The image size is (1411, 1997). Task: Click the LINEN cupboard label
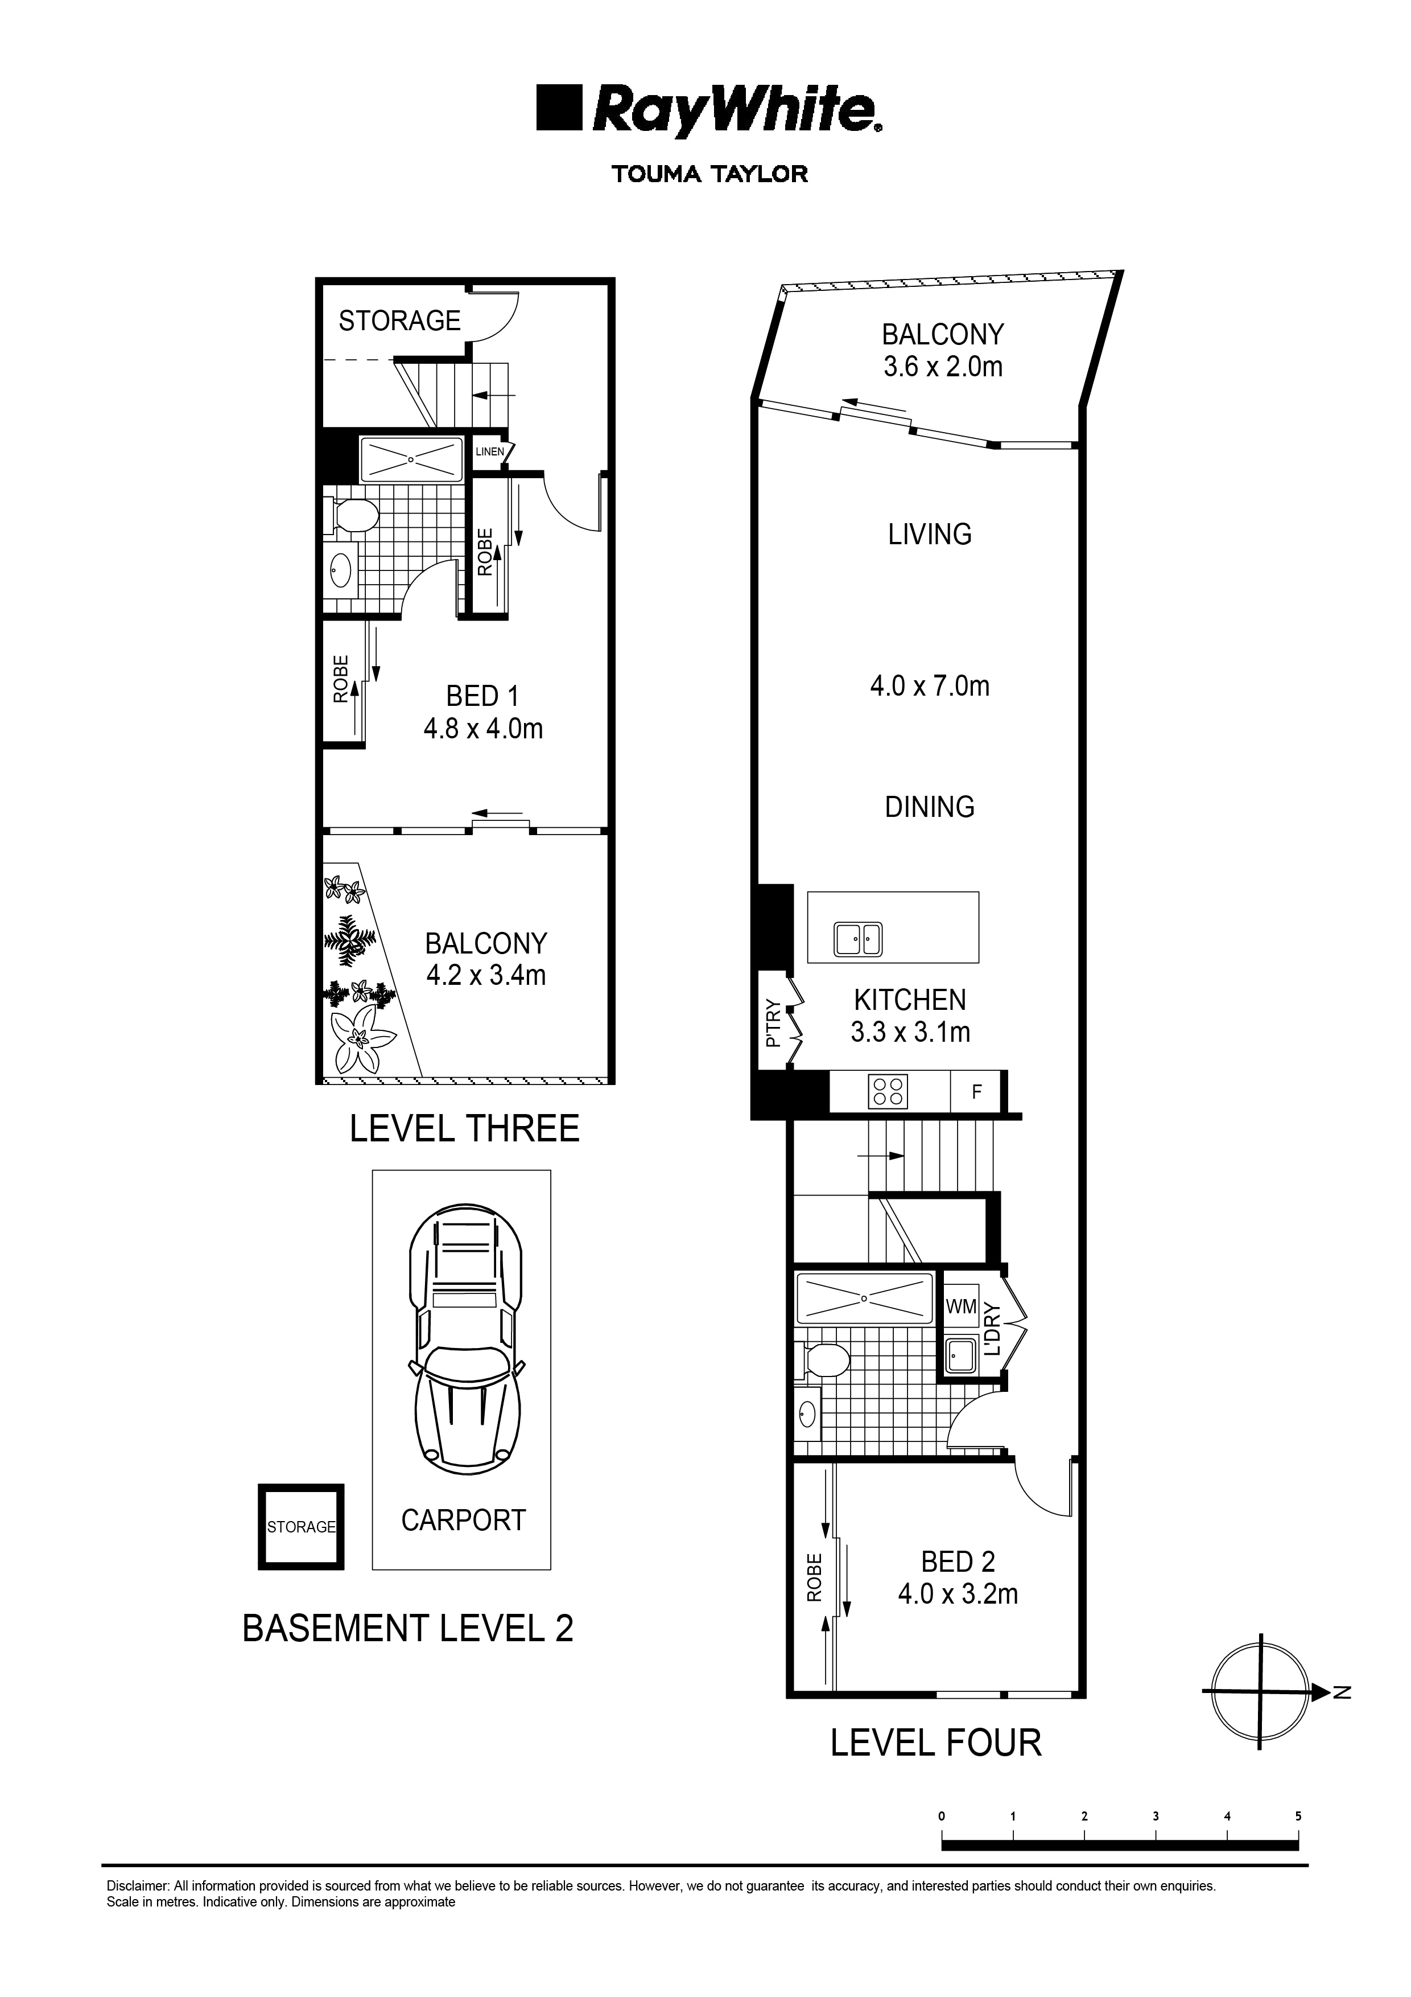[489, 451]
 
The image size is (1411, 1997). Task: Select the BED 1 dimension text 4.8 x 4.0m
[484, 729]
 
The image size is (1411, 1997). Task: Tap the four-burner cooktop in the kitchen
[888, 1091]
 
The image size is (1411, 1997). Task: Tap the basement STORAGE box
[301, 1526]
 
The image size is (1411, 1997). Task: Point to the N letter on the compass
[1342, 1692]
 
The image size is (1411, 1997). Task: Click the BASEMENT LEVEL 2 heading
[408, 1628]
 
